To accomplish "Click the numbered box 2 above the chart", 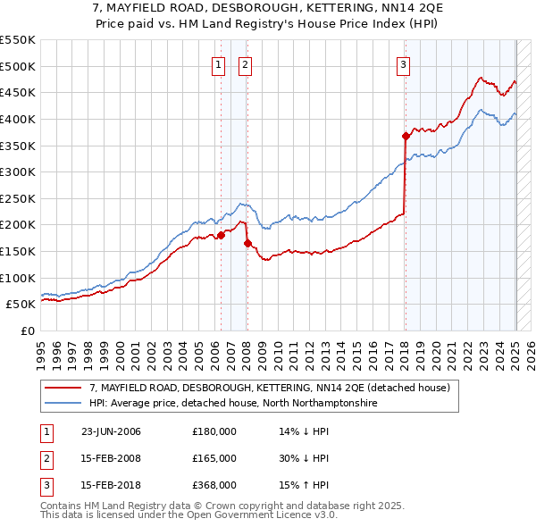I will point(245,64).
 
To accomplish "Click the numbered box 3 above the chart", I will point(404,64).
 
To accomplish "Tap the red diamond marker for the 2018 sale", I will point(406,136).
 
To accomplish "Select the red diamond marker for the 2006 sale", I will point(221,236).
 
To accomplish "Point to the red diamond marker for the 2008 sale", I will point(247,243).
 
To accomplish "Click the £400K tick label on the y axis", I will point(18,119).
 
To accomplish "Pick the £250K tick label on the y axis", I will point(18,198).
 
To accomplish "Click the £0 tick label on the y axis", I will point(27,330).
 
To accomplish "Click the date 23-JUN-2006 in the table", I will point(111,431).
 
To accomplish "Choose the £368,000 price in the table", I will point(214,485).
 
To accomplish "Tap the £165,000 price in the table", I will point(214,458).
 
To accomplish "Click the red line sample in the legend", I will point(62,388).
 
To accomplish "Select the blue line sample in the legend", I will point(62,403).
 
